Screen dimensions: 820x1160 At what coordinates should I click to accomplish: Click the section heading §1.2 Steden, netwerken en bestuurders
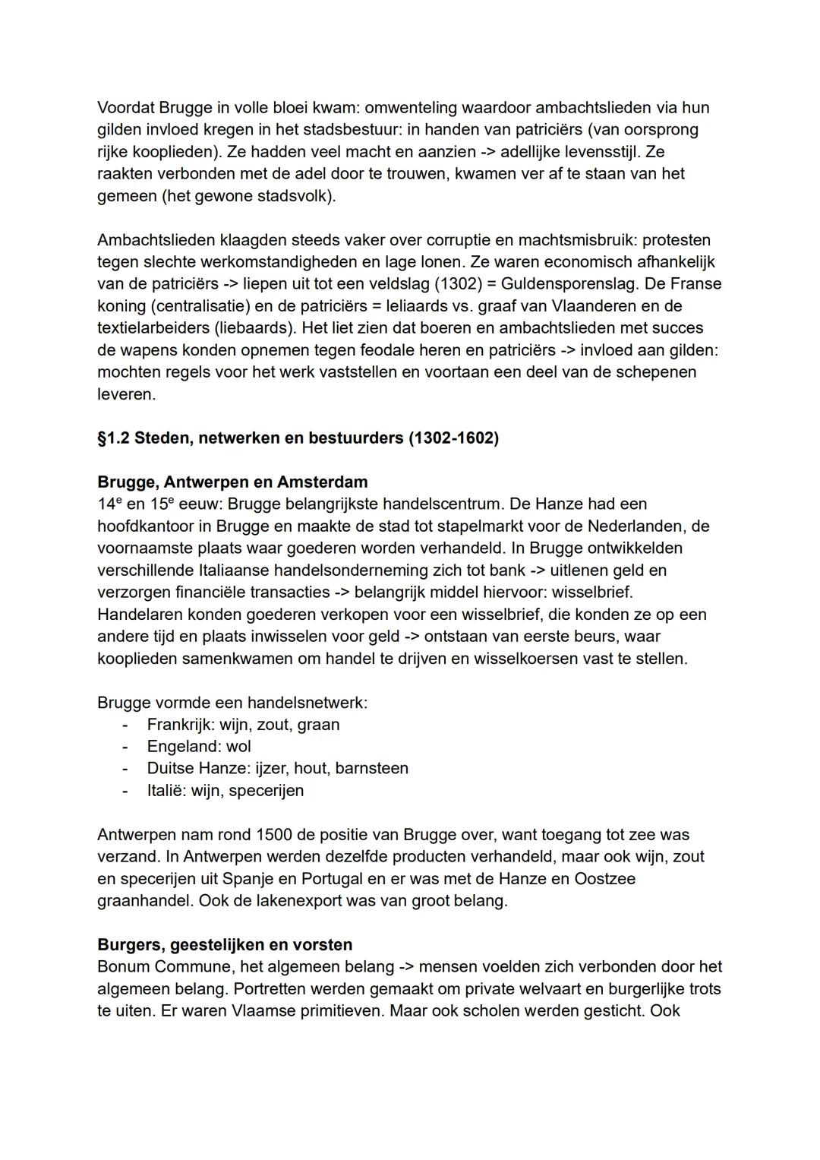(x=298, y=438)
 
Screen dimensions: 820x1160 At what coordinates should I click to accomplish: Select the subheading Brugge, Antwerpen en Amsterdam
(x=232, y=482)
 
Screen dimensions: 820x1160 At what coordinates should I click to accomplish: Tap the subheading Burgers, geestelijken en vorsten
(x=225, y=945)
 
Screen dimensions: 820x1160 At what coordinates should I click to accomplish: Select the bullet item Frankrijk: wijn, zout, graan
(x=243, y=725)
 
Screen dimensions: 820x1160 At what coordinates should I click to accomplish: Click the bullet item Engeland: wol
(x=199, y=747)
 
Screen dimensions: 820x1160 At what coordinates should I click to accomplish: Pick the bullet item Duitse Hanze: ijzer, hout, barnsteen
(x=277, y=769)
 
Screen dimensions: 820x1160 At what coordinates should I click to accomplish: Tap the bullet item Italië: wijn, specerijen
(x=225, y=791)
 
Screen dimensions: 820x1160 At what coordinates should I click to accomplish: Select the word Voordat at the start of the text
(x=125, y=108)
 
